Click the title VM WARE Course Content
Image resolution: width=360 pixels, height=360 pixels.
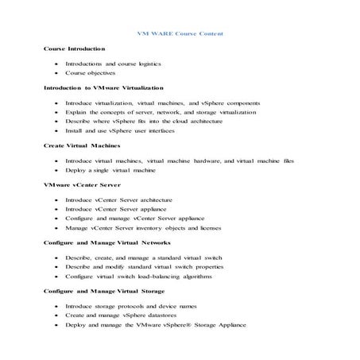180,33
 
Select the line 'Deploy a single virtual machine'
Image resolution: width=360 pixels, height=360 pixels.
110,170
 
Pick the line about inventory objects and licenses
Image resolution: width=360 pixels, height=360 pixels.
151,229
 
